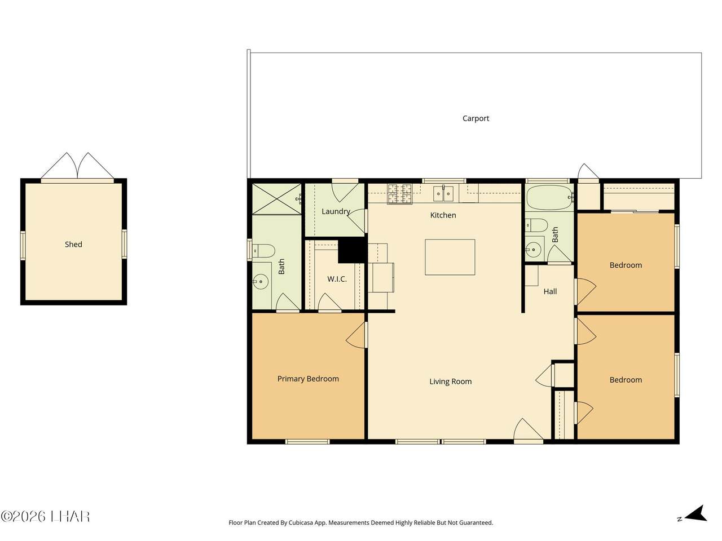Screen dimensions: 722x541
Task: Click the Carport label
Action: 476,118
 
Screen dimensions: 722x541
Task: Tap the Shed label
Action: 73,244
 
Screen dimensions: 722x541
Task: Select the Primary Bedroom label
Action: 308,379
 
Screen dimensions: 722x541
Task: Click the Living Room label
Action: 450,382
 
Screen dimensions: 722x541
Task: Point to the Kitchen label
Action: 443,215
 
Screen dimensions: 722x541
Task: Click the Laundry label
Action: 336,211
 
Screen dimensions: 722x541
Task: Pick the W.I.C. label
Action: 337,279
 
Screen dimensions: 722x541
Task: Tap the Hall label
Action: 550,291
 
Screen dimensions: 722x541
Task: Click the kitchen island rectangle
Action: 450,257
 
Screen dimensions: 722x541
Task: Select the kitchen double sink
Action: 443,193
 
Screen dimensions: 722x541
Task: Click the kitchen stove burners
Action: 400,193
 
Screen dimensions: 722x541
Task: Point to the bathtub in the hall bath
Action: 549,197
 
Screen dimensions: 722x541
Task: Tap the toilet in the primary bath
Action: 263,251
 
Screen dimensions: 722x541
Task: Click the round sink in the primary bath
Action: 261,282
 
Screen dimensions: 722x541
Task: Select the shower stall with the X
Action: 276,199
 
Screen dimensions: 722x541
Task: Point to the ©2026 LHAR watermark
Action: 45,517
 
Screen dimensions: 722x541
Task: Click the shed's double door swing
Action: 77,166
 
